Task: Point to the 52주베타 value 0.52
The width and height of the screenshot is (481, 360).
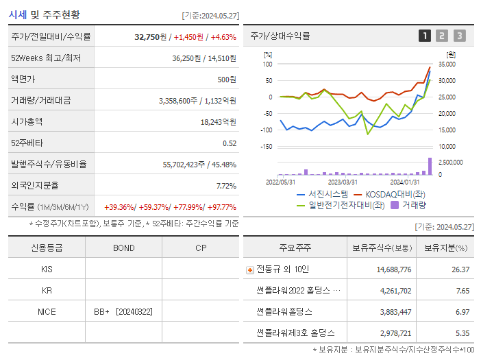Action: [230, 143]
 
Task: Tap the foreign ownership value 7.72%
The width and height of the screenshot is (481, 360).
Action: [225, 185]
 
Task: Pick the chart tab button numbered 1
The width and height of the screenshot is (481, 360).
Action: [425, 36]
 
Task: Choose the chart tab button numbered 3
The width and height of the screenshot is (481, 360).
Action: [459, 36]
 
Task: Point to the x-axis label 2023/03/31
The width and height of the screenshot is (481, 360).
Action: [343, 182]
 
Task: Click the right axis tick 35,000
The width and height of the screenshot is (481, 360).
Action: [446, 64]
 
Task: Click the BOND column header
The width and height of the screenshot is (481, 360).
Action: [123, 248]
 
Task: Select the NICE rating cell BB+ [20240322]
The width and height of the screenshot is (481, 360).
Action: [123, 312]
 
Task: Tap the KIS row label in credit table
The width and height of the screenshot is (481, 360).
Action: [47, 269]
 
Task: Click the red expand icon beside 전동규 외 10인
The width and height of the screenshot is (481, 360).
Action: [250, 270]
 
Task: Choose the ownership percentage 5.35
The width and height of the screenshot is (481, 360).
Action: [463, 333]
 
